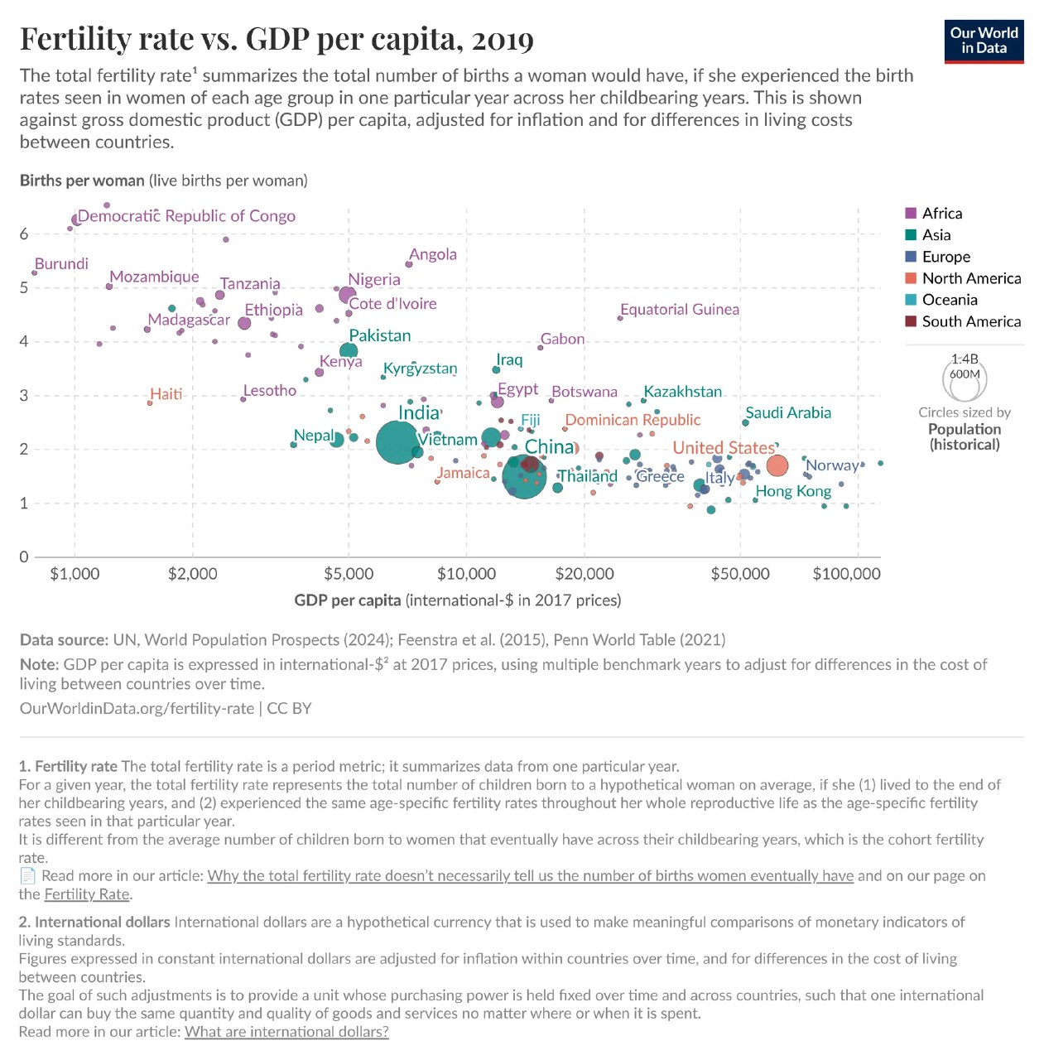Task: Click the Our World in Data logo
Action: [x=984, y=41]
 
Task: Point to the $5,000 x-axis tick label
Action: [x=349, y=574]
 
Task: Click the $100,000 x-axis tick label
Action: [x=846, y=574]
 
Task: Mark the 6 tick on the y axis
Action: [x=24, y=234]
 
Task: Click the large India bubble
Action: [x=398, y=443]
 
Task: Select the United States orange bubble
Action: [x=777, y=466]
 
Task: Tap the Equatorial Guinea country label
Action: [x=680, y=310]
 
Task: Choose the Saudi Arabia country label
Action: [x=788, y=413]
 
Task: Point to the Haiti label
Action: [x=166, y=394]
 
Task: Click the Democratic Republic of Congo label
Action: [x=186, y=216]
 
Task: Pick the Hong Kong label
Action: [x=793, y=491]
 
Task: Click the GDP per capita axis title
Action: [x=457, y=600]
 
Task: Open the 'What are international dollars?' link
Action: [x=286, y=1032]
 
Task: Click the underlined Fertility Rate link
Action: [x=88, y=894]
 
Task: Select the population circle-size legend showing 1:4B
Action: [x=965, y=378]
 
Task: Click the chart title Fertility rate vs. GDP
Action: [x=277, y=39]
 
